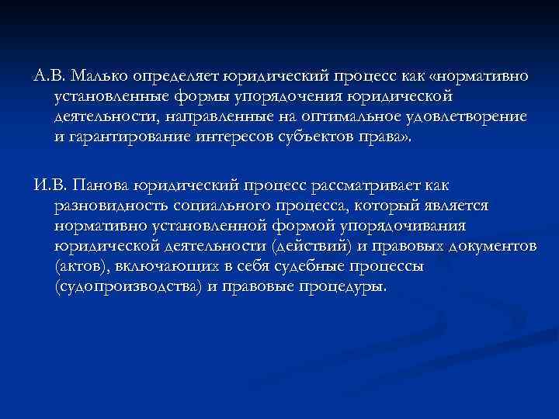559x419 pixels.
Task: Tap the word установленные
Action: [x=106, y=97]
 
